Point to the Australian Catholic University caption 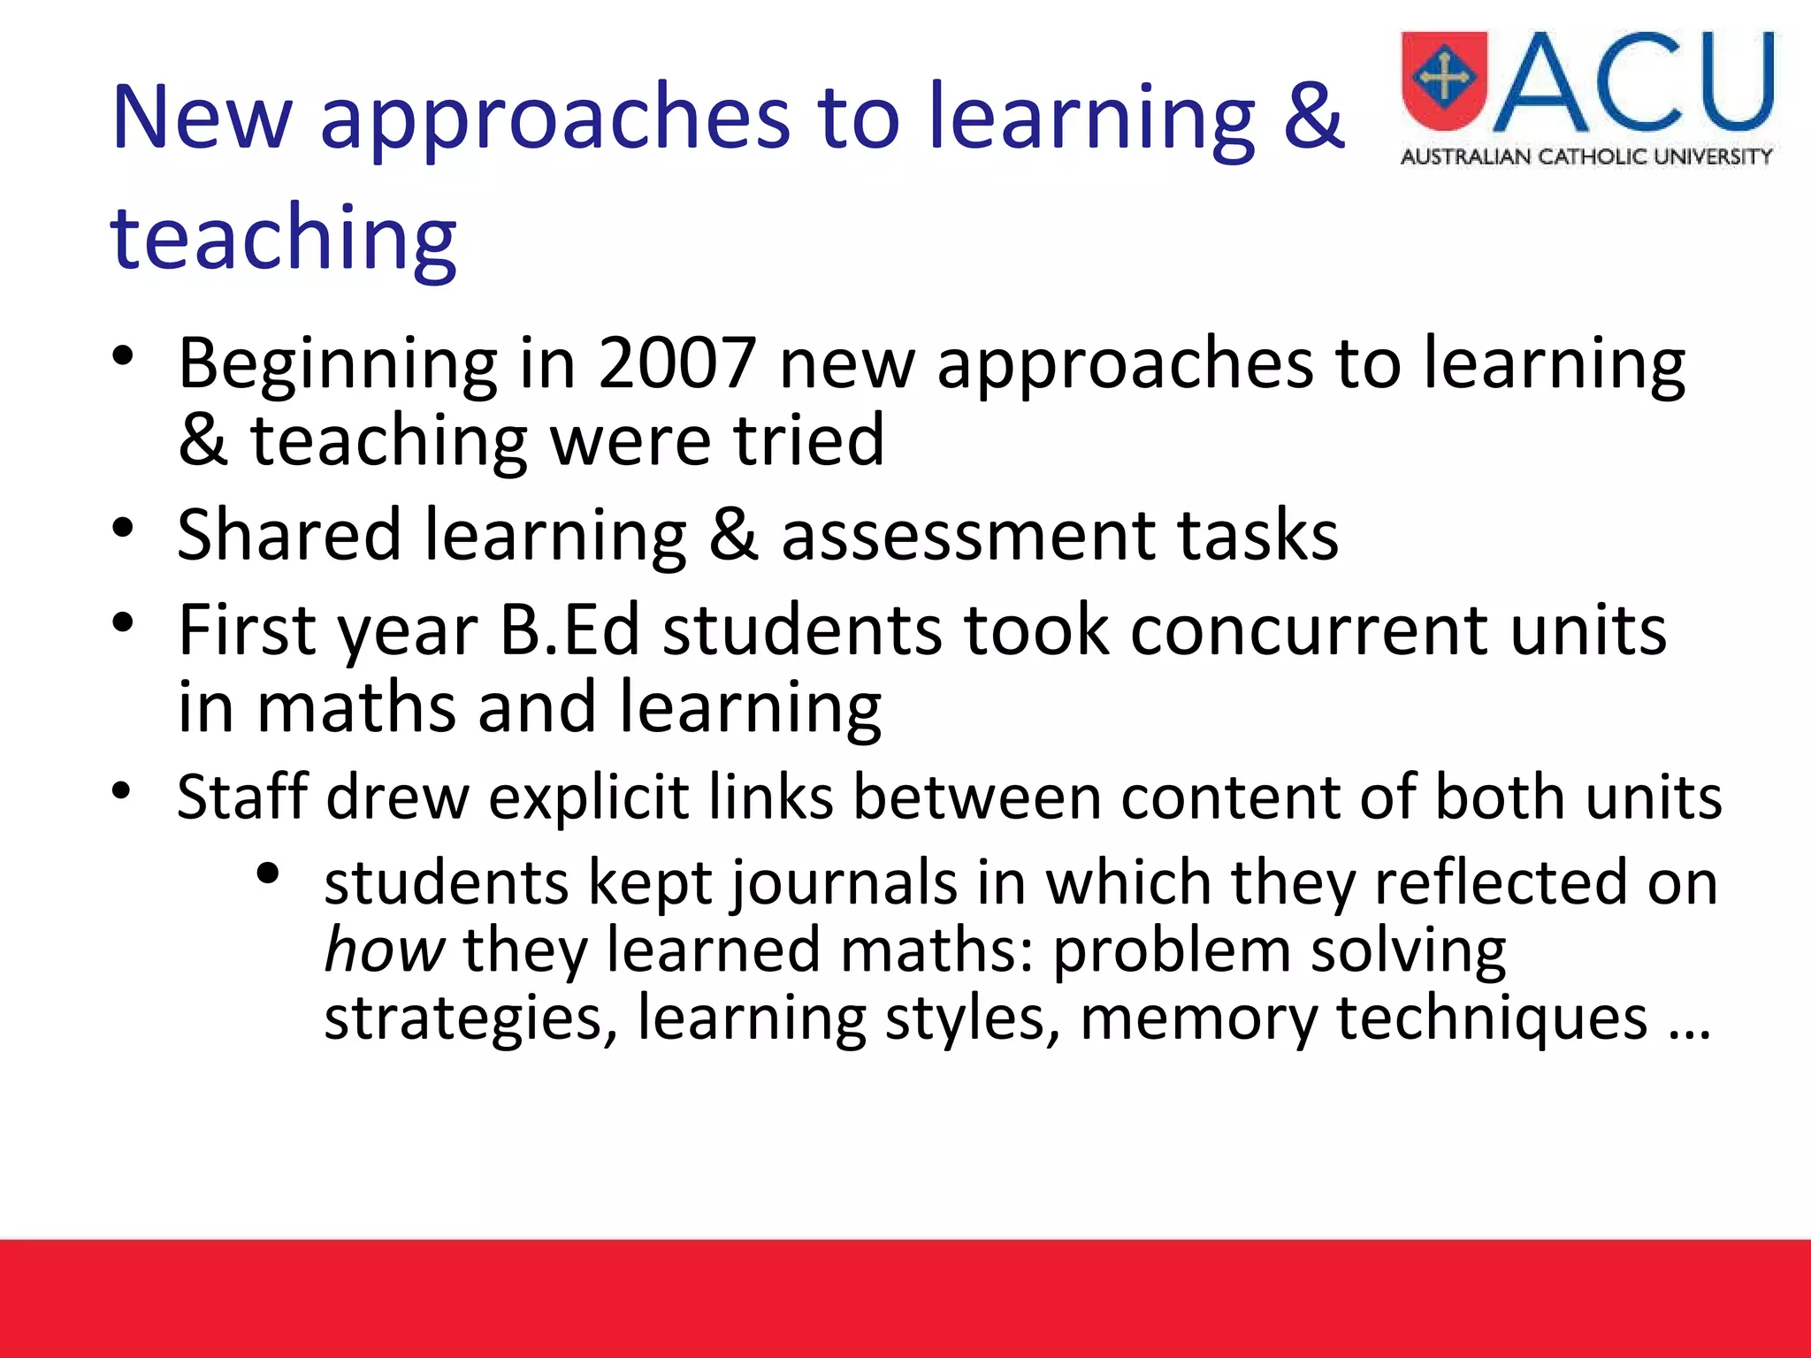[1586, 157]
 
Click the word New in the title [202, 117]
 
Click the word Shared [289, 535]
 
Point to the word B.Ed [570, 629]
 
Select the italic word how [384, 950]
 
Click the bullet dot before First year [123, 622]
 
